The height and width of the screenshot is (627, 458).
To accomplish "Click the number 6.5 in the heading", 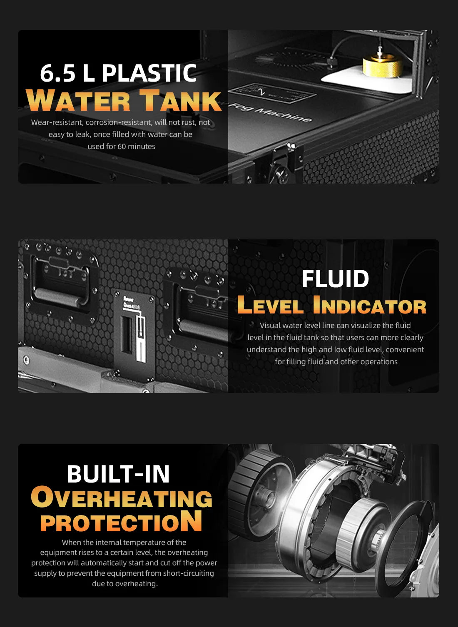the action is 58,73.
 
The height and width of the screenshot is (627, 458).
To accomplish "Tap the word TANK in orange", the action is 181,101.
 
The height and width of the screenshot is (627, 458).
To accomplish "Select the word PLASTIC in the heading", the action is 149,73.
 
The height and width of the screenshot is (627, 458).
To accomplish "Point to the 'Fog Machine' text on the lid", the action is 271,112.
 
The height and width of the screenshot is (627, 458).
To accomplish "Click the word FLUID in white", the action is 336,279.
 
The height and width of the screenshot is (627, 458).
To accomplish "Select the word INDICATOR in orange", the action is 370,305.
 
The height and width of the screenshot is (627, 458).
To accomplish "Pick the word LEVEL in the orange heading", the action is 270,305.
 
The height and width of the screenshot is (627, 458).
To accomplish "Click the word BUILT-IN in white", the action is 118,474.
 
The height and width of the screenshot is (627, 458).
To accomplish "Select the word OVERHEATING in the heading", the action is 122,498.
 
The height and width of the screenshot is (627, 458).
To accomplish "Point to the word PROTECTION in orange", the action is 121,521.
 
